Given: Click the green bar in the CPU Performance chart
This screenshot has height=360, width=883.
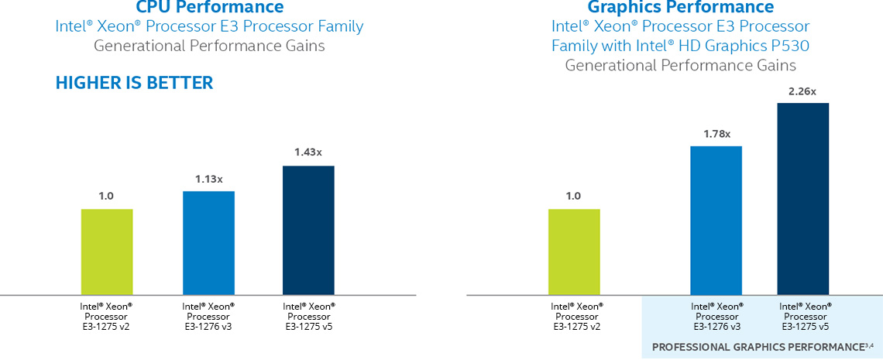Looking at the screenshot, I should (x=107, y=252).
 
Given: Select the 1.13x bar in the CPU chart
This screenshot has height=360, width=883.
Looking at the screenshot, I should (x=208, y=242).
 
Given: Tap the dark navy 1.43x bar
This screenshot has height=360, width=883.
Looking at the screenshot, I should (x=308, y=230).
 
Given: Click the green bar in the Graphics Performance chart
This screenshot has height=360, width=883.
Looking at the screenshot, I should (x=574, y=252).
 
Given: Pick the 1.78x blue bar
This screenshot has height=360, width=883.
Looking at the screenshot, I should (x=716, y=220).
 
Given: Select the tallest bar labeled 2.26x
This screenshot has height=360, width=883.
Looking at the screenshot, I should (x=802, y=198).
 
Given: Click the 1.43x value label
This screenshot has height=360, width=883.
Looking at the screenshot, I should (x=308, y=153).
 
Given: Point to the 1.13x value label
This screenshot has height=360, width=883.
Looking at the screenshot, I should (x=208, y=179).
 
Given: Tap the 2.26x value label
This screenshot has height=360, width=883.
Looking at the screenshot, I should (x=802, y=91).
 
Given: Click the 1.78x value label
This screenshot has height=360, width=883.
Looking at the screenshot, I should (x=716, y=134).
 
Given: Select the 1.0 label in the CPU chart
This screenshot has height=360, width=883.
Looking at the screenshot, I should (x=106, y=197).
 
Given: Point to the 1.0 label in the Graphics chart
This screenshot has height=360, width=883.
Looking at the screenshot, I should (x=573, y=197).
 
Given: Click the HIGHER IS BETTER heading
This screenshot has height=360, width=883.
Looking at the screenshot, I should (x=134, y=83).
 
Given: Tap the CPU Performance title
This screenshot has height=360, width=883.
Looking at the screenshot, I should (x=209, y=8).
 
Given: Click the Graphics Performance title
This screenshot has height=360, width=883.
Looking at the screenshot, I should (x=681, y=8).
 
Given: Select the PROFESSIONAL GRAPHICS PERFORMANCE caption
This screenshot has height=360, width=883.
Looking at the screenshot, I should (x=762, y=346).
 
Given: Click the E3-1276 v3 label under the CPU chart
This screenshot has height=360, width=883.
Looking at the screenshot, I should (x=208, y=326).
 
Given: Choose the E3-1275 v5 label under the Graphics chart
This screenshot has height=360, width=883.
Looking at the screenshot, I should (x=806, y=326).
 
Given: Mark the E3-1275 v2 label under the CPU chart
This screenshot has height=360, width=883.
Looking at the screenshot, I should (x=106, y=326).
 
